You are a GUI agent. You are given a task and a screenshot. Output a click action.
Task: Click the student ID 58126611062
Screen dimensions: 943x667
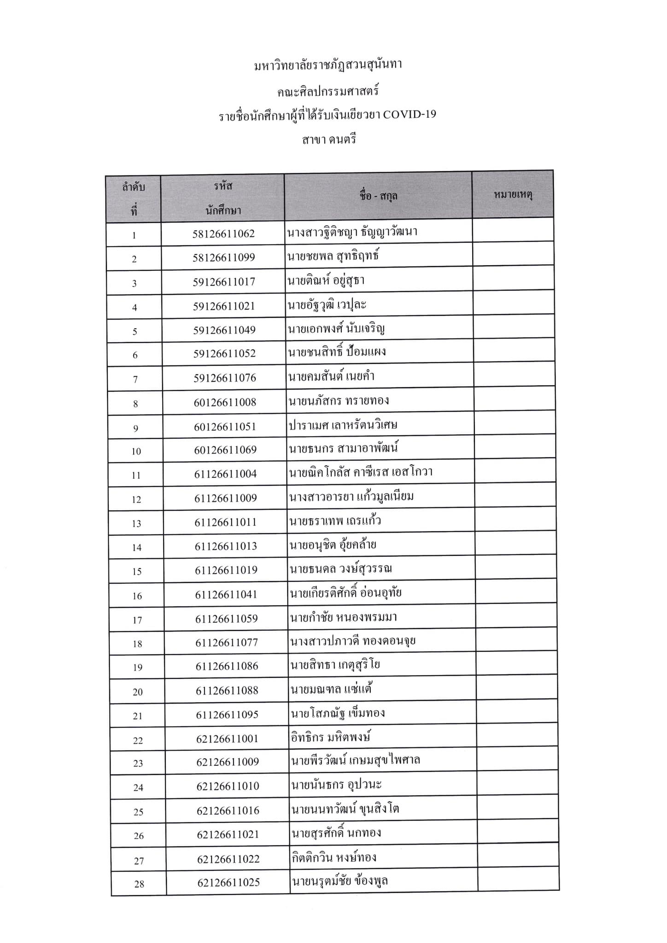point(223,233)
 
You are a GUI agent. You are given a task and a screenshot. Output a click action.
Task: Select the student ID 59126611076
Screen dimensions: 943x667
point(224,378)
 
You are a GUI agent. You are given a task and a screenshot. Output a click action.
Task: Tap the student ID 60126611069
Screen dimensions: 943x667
point(225,449)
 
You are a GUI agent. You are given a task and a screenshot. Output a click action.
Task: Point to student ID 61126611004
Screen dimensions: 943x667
point(225,474)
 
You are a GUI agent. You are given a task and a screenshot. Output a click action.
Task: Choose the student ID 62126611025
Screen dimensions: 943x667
point(228,882)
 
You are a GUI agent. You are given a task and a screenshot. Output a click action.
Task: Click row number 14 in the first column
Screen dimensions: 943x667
point(136,547)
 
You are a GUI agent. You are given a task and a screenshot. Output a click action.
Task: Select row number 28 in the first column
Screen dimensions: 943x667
point(139,884)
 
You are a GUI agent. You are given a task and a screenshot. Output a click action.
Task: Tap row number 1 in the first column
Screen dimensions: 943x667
point(134,235)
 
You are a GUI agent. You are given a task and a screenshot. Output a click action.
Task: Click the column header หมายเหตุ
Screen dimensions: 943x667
point(513,195)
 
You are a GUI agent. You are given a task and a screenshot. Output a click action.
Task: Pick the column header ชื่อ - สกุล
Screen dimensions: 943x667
point(378,196)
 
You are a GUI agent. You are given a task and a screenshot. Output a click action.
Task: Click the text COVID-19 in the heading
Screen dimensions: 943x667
point(410,114)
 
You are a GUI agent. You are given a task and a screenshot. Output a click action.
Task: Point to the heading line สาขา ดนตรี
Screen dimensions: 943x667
point(329,140)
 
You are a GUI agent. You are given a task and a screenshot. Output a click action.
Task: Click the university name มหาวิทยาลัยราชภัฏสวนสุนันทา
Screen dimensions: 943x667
point(328,65)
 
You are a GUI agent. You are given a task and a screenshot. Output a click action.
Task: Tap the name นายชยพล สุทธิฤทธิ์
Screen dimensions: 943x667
point(333,255)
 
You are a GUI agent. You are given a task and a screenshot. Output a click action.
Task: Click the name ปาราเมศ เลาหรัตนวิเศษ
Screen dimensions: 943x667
point(343,425)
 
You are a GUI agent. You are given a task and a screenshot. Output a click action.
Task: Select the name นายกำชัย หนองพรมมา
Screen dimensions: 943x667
point(343,617)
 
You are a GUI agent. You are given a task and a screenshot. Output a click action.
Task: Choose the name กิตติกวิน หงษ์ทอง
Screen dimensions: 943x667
point(334,857)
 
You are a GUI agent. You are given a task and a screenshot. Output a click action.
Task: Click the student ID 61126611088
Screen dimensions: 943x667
point(227,690)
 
